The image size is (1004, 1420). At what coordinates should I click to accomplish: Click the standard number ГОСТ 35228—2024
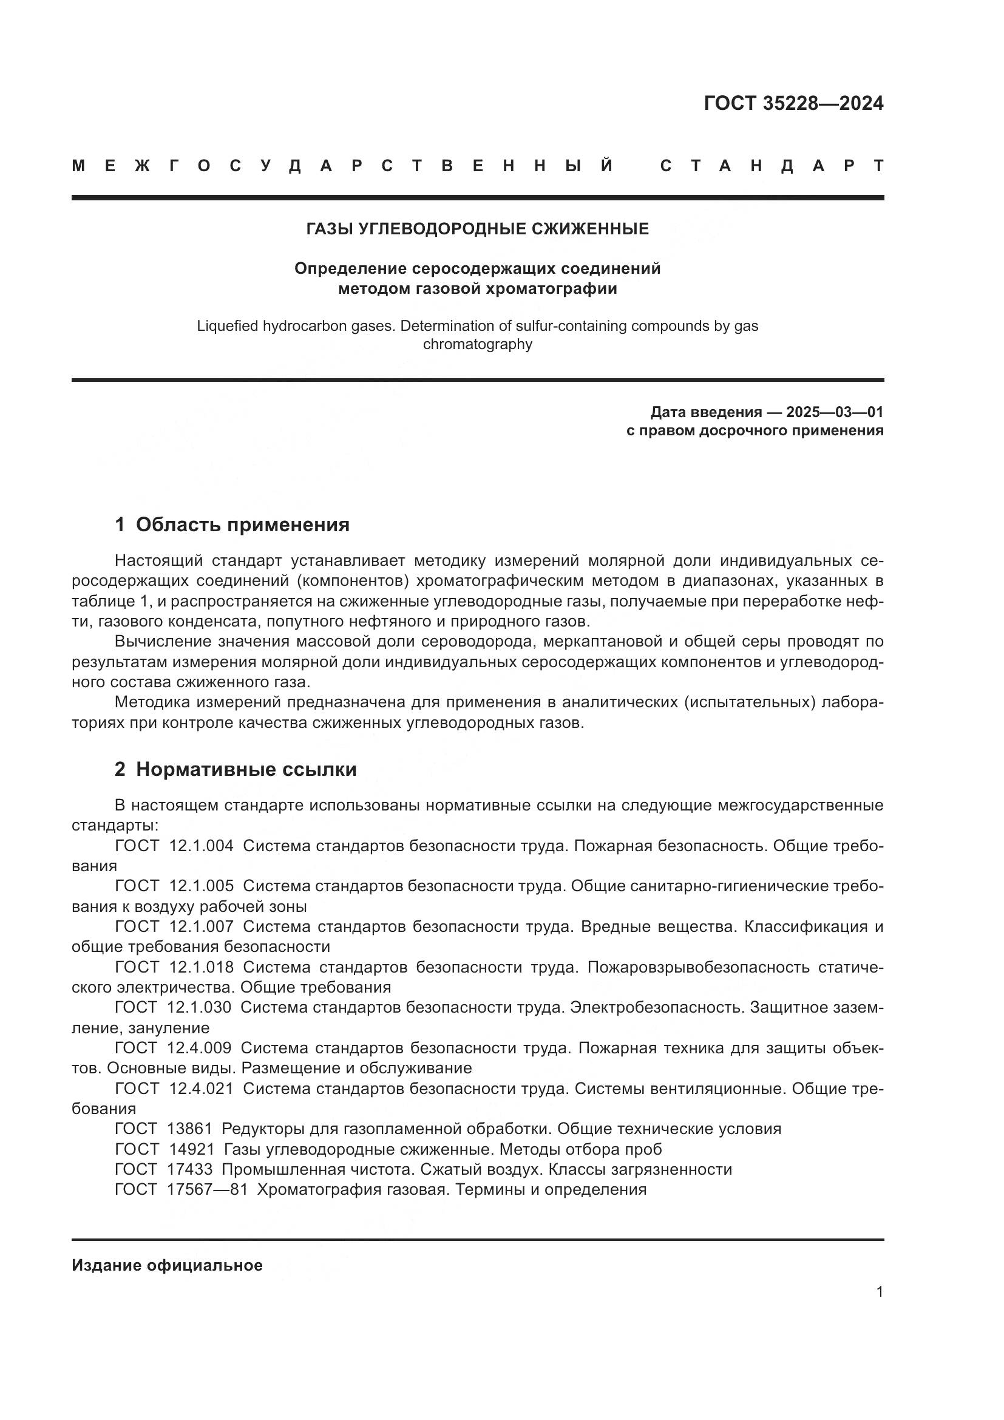[793, 103]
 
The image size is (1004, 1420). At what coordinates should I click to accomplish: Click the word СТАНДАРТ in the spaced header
[772, 166]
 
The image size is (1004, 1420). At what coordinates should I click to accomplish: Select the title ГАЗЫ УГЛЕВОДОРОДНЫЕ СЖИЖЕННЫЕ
[477, 229]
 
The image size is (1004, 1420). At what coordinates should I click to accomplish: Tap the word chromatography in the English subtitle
[477, 344]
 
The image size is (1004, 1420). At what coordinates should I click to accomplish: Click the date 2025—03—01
[835, 412]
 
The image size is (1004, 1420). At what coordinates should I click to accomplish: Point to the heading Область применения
[242, 525]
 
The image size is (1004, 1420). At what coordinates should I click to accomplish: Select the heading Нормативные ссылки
[246, 769]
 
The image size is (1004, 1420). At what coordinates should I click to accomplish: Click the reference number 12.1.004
[201, 846]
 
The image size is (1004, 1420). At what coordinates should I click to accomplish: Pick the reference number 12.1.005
[201, 886]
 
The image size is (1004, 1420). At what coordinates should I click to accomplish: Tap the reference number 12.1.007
[201, 926]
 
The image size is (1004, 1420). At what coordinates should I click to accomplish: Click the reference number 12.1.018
[201, 966]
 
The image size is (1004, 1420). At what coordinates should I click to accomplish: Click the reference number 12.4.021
[201, 1088]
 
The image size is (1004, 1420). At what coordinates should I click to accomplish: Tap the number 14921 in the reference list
[192, 1149]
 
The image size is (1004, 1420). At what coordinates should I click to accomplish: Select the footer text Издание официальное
[167, 1265]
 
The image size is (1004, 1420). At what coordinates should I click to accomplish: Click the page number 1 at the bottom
[879, 1292]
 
